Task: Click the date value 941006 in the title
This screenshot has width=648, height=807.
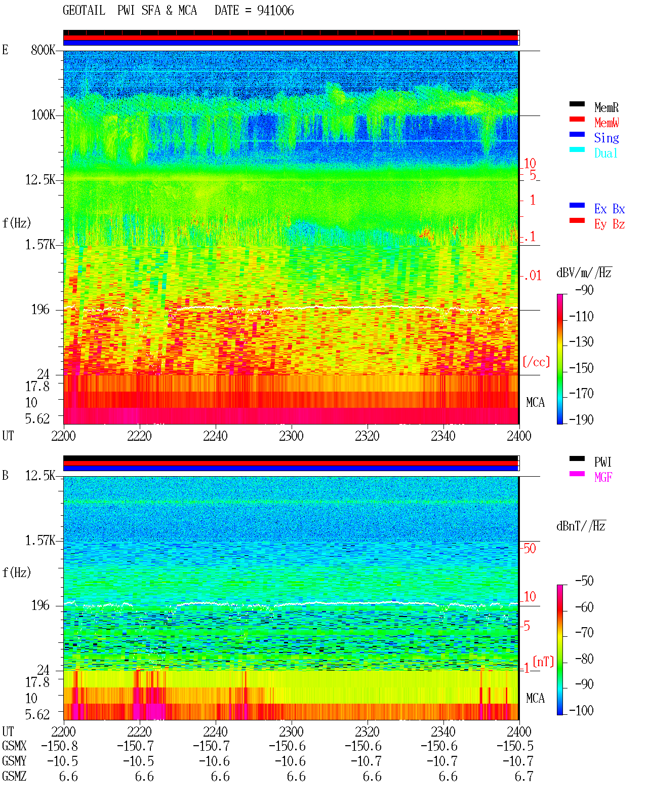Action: point(275,11)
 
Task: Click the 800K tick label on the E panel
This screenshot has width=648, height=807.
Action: point(43,50)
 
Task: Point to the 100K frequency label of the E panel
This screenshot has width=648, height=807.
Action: point(43,115)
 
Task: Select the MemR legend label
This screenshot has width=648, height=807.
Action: point(606,107)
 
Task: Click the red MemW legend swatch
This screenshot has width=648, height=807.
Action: point(577,119)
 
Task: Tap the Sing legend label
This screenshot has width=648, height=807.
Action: point(606,138)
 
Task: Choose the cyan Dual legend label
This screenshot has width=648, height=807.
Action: point(605,153)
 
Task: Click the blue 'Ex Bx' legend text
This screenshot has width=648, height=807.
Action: point(609,209)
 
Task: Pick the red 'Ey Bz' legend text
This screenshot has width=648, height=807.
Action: point(609,224)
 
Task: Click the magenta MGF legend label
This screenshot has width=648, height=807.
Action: point(603,477)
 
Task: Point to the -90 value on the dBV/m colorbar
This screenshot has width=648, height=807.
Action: point(584,290)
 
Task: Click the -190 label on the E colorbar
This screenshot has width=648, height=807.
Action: point(581,419)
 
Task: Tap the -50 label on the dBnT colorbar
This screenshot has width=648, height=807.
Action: point(584,581)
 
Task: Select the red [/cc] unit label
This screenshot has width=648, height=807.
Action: point(536,362)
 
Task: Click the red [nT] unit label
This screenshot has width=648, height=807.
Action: point(543,662)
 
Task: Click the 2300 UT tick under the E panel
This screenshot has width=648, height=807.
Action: point(291,436)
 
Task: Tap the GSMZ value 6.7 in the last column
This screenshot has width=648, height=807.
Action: point(524,776)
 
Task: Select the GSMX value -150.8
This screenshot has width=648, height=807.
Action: point(59,746)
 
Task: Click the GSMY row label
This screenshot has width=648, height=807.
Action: point(14,761)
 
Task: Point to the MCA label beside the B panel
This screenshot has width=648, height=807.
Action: point(535,698)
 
